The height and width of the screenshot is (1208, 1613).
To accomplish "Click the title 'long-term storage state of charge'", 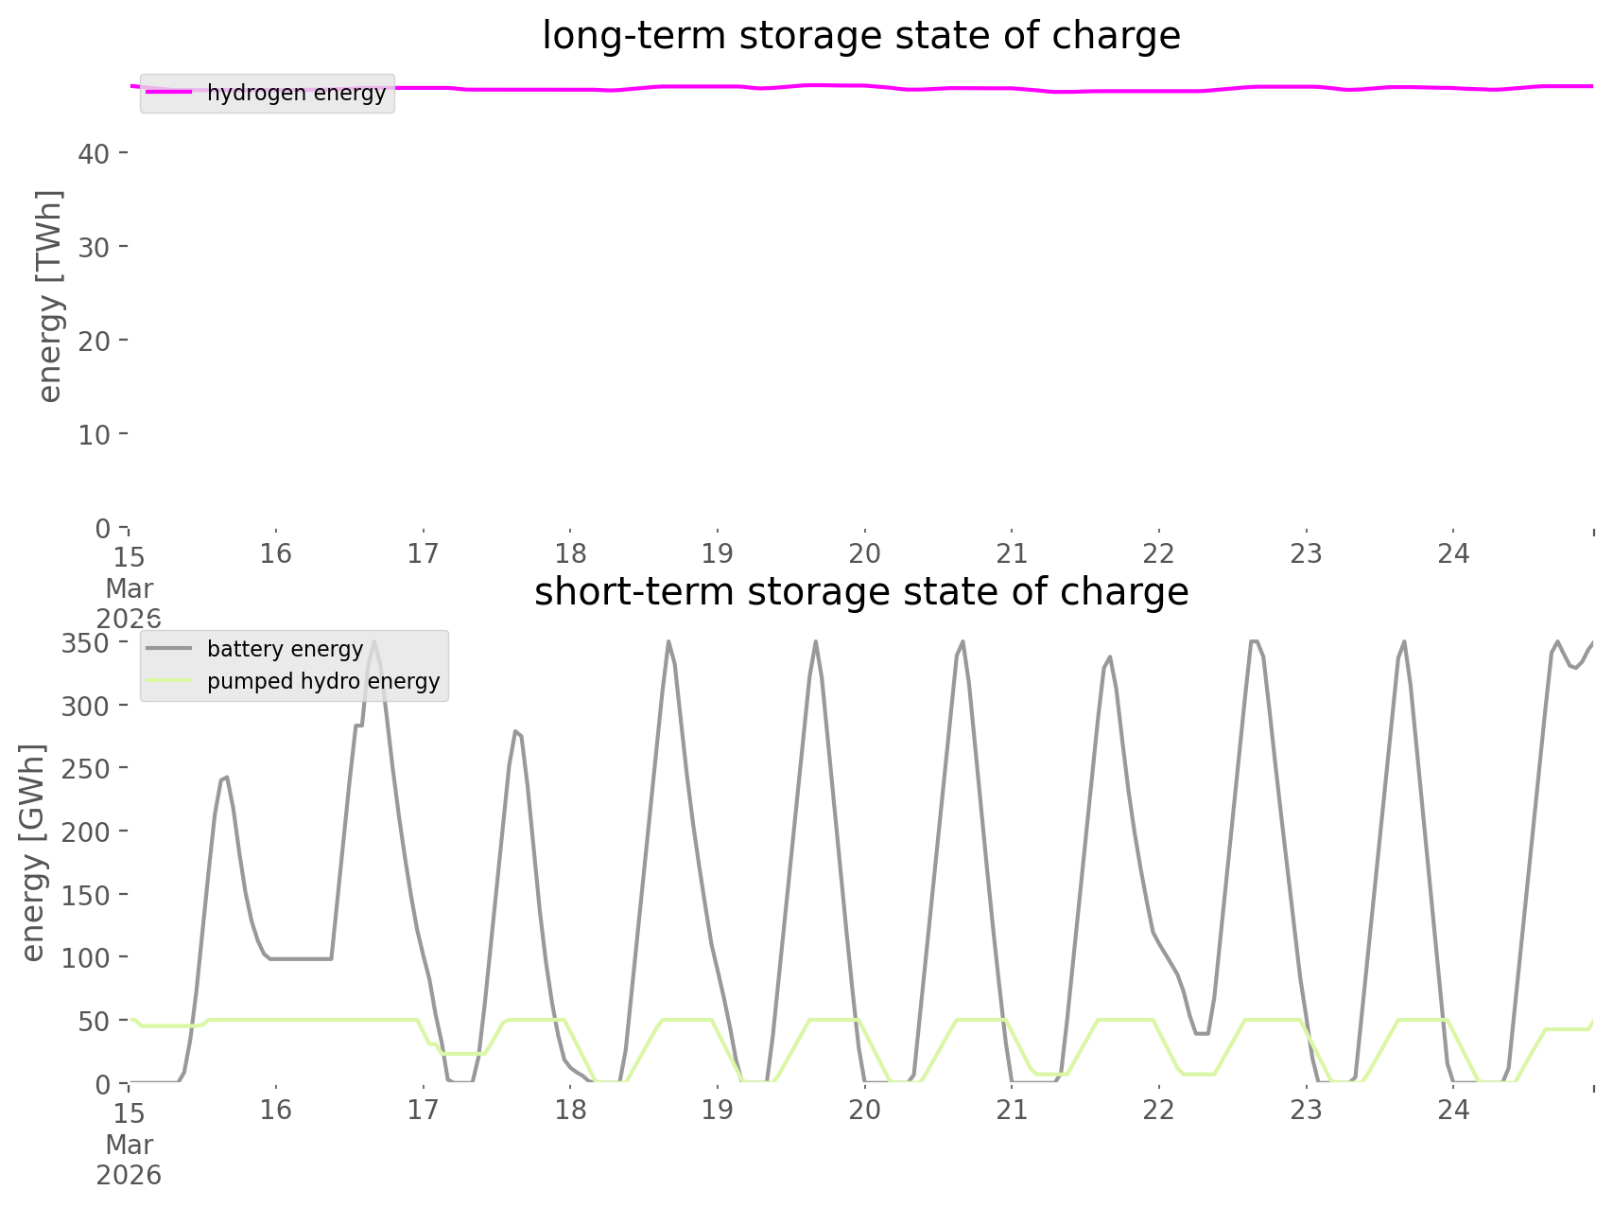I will pyautogui.click(x=860, y=36).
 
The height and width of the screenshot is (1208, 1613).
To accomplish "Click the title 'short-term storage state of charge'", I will pyautogui.click(x=860, y=592).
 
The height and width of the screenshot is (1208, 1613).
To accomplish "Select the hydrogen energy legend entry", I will pyautogui.click(x=296, y=94).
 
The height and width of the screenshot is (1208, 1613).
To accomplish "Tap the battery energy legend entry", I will pyautogui.click(x=285, y=650).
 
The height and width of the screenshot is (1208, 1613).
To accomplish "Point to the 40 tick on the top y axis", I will pyautogui.click(x=94, y=153).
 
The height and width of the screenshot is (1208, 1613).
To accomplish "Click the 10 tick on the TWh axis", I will pyautogui.click(x=94, y=435).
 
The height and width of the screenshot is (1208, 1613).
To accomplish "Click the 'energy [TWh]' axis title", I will pyautogui.click(x=50, y=295).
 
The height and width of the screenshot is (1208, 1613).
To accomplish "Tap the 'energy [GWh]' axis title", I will pyautogui.click(x=33, y=851).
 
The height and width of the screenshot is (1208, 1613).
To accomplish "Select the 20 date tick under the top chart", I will pyautogui.click(x=864, y=554).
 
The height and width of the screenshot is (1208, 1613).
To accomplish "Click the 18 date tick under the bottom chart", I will pyautogui.click(x=570, y=1111).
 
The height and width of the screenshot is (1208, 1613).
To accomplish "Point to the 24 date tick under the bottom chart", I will pyautogui.click(x=1453, y=1111).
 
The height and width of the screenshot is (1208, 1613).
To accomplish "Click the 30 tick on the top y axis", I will pyautogui.click(x=94, y=247).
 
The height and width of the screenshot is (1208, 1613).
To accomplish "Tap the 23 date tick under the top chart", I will pyautogui.click(x=1306, y=554).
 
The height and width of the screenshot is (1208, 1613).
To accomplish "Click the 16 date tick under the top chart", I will pyautogui.click(x=276, y=554).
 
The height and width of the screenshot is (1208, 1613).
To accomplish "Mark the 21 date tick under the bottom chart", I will pyautogui.click(x=1012, y=1111).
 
